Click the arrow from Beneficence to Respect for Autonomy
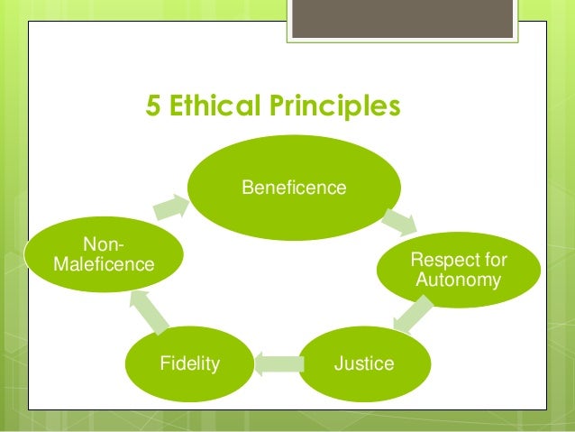pos(398,221)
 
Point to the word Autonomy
pos(458,281)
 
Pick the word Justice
pos(364,364)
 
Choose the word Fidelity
pos(189,364)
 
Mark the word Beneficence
pos(293,188)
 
